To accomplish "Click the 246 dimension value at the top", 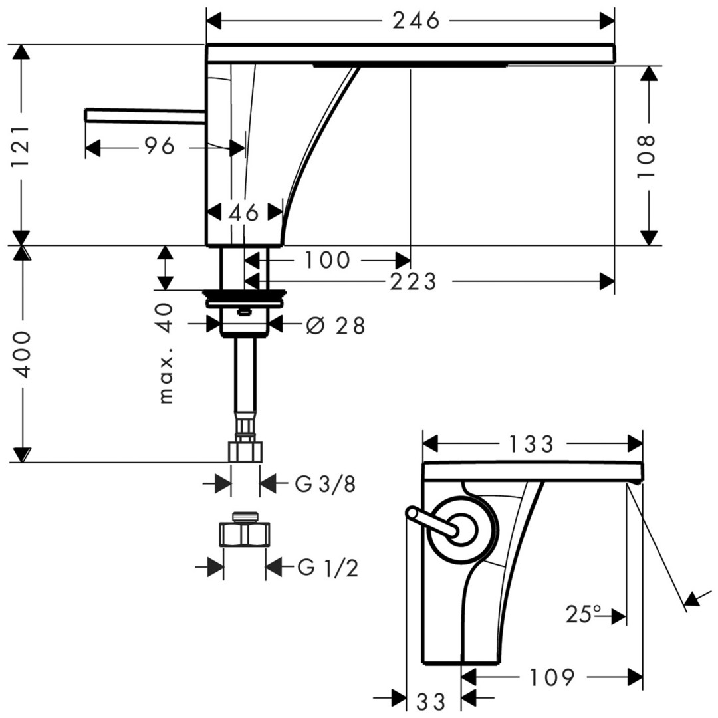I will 416,21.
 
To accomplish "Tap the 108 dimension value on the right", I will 646,156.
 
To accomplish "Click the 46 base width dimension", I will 243,213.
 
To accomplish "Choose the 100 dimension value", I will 327,261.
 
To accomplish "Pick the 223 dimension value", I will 413,282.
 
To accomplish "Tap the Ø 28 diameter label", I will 336,326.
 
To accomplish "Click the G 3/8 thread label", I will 325,483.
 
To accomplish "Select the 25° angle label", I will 583,614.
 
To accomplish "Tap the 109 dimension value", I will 552,678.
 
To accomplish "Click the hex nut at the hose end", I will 245,452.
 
